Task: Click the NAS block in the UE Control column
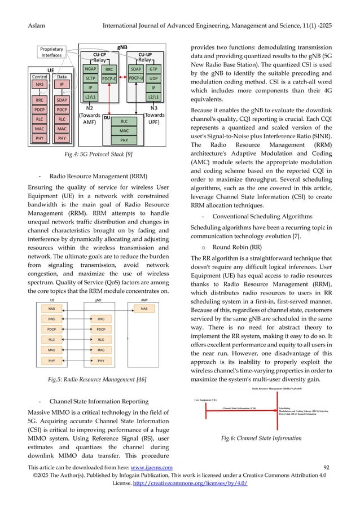(41, 84)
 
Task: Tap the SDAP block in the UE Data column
(62, 100)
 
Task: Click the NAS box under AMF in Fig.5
(143, 309)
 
